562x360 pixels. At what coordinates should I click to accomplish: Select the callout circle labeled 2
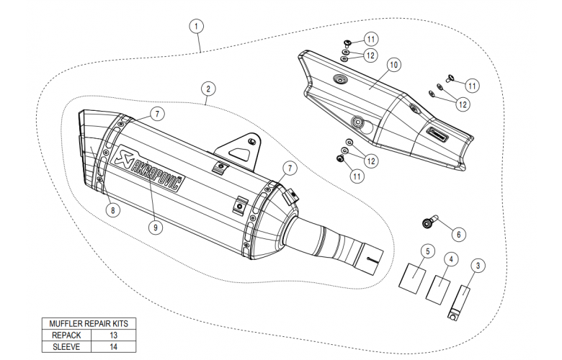point(208,89)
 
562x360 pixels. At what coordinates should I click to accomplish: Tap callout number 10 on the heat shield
point(393,65)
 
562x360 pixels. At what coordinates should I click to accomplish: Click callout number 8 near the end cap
point(112,210)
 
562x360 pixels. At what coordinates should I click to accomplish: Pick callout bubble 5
point(427,251)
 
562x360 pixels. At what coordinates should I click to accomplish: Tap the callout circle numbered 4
point(450,257)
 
